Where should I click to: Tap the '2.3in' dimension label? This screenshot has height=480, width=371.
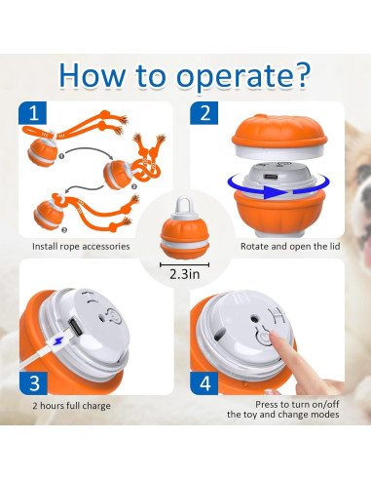(x=186, y=275)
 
